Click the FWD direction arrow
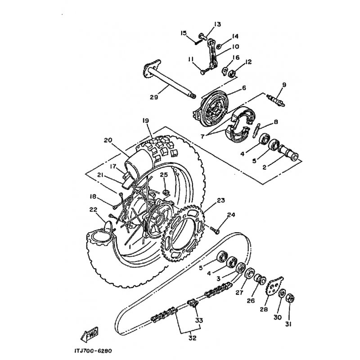point(90,334)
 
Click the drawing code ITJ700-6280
point(93,351)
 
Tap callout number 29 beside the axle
point(154,97)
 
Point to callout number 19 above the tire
point(145,121)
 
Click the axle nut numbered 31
point(290,299)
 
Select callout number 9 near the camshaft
point(284,85)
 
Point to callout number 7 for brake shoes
point(202,136)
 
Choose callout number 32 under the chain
point(193,338)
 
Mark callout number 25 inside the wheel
point(164,175)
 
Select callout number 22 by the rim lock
point(94,209)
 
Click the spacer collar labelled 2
point(288,153)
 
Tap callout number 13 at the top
point(217,24)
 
